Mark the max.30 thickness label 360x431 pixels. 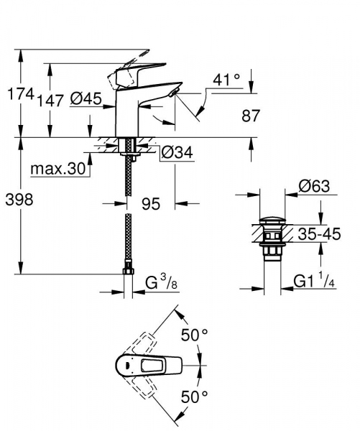click(x=58, y=170)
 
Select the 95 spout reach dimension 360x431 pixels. click(x=151, y=204)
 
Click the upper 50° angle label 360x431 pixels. click(x=194, y=335)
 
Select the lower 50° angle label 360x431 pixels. click(x=194, y=397)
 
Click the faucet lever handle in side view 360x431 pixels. click(x=133, y=72)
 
